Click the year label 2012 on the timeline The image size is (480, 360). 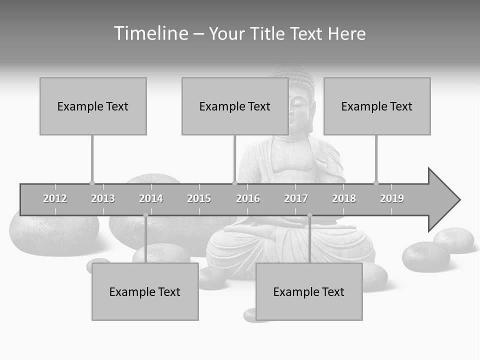pos(55,198)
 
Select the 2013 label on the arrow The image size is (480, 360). pos(103,198)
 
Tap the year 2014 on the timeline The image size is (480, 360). pos(151,198)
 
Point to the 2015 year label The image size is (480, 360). pos(199,198)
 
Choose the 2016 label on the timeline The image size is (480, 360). pos(248,198)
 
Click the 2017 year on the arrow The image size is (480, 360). pos(296,198)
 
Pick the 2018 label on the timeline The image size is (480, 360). pos(344,198)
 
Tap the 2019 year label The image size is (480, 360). pos(392,198)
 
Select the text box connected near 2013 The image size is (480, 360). pos(93,106)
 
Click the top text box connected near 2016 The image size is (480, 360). pos(235,106)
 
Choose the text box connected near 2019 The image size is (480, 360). pos(377,106)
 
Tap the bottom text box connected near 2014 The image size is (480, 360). pos(145,291)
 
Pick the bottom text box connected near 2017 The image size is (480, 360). pos(309,291)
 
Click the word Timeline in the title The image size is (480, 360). pos(150,33)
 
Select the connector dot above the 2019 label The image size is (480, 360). pos(376,183)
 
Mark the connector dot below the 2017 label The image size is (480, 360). pos(309,215)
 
